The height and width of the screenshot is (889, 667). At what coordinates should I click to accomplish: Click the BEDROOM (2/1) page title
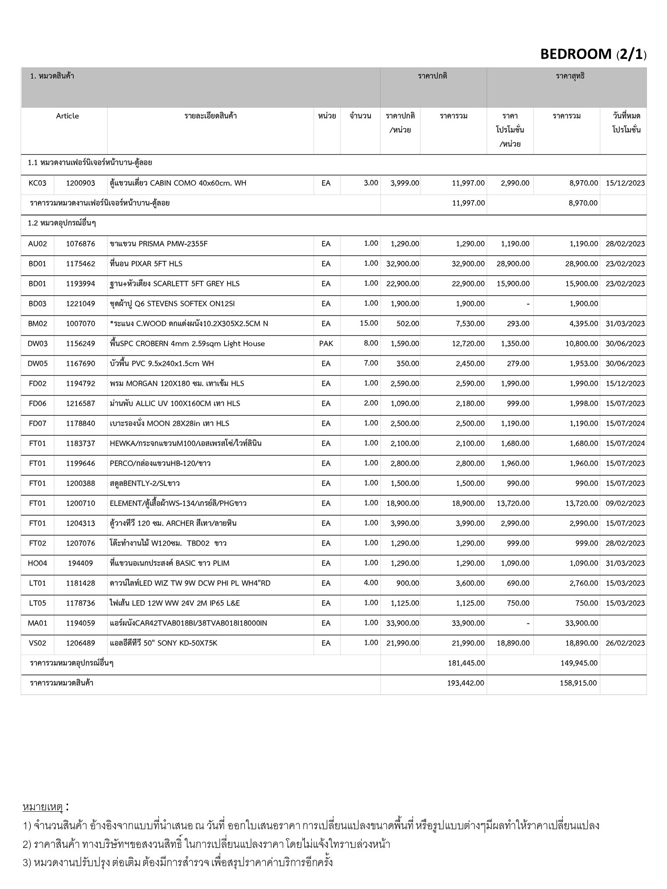(593, 54)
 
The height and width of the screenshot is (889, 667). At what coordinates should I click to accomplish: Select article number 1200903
(80, 183)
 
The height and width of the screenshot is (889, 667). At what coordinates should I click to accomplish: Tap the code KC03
(37, 183)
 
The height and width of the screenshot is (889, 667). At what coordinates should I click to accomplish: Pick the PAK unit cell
(326, 343)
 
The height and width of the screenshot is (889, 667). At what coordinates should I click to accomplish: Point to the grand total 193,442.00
(466, 683)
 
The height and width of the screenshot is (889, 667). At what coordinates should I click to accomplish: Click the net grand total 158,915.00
(578, 683)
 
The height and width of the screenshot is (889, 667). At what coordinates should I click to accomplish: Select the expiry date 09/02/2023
(625, 504)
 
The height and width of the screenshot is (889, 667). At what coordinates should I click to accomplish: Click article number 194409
(80, 563)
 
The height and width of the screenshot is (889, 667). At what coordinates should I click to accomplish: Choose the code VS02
(37, 643)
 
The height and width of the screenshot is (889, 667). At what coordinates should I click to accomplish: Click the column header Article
(67, 116)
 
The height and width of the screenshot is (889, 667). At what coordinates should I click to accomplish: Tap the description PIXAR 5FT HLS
(146, 264)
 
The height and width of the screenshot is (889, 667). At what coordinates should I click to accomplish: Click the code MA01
(37, 623)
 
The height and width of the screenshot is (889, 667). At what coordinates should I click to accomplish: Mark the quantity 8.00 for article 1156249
(371, 343)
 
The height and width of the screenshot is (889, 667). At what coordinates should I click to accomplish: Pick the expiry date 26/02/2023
(625, 643)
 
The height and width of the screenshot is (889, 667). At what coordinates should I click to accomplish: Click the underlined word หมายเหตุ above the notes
(43, 807)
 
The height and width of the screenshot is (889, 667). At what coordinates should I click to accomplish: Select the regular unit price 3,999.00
(405, 183)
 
